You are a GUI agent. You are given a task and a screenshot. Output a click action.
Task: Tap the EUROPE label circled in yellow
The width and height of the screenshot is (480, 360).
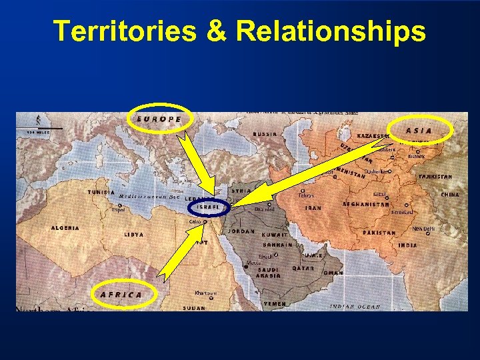(x=159, y=119)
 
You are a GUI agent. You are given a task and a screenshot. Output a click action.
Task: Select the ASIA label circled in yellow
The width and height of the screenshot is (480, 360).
(x=419, y=131)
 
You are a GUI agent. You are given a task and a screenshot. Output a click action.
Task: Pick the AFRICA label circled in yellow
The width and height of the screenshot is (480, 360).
(x=121, y=294)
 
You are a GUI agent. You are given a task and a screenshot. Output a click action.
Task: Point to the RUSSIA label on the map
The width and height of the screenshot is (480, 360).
(x=265, y=133)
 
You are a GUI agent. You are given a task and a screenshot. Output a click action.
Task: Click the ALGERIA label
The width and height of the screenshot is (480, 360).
(x=65, y=227)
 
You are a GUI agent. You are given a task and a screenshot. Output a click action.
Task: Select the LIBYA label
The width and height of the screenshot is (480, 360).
(x=133, y=235)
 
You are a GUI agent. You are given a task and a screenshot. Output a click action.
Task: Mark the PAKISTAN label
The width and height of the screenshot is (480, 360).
(x=379, y=233)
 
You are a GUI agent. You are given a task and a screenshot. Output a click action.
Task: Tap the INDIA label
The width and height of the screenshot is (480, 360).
(x=407, y=245)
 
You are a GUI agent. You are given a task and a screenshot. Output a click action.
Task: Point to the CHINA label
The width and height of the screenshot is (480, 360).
(x=450, y=195)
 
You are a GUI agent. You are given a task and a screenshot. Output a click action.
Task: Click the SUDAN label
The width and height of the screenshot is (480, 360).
(x=193, y=308)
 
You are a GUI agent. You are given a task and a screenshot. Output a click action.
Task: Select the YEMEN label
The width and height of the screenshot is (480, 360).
(x=275, y=304)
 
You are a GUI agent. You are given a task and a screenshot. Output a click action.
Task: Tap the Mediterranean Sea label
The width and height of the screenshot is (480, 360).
(x=149, y=197)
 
